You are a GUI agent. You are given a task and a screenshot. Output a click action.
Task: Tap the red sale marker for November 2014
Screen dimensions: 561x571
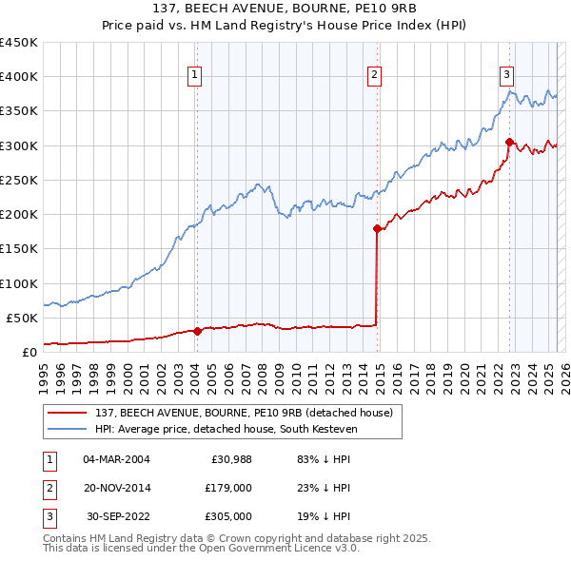point(377,228)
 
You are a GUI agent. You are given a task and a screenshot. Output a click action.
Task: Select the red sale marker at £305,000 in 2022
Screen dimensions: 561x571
point(509,143)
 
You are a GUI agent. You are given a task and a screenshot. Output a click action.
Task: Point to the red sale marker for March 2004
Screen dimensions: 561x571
point(197,331)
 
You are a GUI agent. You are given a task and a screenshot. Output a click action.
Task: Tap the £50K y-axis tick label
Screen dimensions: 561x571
point(22,318)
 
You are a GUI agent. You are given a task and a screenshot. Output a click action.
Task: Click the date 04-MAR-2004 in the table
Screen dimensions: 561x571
point(117,459)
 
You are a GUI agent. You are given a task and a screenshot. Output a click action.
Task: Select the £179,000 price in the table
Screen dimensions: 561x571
point(228,488)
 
